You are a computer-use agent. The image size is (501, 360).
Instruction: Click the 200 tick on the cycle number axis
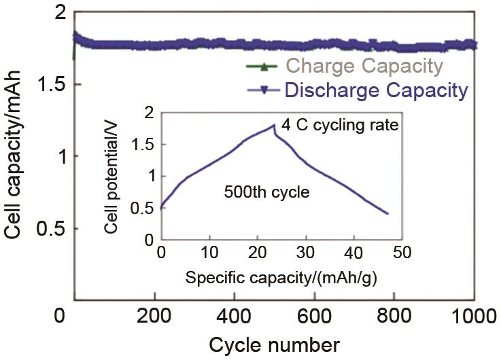tap(156, 315)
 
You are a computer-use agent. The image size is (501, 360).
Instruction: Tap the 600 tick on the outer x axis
tap(315, 315)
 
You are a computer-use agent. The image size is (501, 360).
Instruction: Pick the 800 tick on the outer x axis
tap(395, 315)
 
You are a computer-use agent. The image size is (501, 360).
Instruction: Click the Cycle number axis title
tap(274, 344)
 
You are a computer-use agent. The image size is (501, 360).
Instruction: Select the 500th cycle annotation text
tap(266, 192)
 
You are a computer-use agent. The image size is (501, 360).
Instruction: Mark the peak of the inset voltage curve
tap(273, 125)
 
